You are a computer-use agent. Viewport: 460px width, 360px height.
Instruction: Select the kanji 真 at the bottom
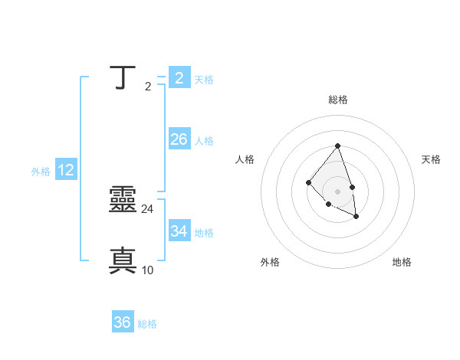click(x=123, y=260)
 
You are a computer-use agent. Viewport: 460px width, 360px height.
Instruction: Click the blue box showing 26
click(x=179, y=139)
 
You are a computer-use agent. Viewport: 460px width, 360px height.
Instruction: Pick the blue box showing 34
click(x=179, y=231)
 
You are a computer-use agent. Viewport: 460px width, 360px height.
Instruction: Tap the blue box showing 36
click(x=123, y=322)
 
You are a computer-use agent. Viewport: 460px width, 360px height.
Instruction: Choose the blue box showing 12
click(x=66, y=170)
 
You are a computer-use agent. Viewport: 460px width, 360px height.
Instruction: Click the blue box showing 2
click(x=179, y=77)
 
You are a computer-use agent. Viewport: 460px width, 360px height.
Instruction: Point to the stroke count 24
click(x=148, y=208)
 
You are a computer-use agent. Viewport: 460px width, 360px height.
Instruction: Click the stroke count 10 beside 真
click(x=148, y=270)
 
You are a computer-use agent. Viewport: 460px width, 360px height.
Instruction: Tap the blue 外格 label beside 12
click(x=41, y=172)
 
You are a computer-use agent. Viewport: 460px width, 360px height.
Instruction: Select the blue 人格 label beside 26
click(x=204, y=141)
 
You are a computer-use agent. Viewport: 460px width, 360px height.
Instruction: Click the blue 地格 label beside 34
click(x=204, y=233)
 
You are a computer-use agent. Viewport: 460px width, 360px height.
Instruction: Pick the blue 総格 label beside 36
click(x=147, y=325)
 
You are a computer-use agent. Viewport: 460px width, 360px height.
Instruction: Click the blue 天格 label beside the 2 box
click(x=204, y=80)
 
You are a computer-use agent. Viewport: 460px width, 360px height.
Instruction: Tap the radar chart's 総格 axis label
click(x=338, y=100)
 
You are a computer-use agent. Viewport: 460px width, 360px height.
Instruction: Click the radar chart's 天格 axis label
click(x=431, y=159)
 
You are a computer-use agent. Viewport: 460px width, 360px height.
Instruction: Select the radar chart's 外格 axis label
click(x=270, y=262)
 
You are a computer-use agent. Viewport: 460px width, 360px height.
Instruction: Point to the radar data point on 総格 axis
click(x=337, y=146)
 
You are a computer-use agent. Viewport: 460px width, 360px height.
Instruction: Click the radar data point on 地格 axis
click(x=356, y=217)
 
